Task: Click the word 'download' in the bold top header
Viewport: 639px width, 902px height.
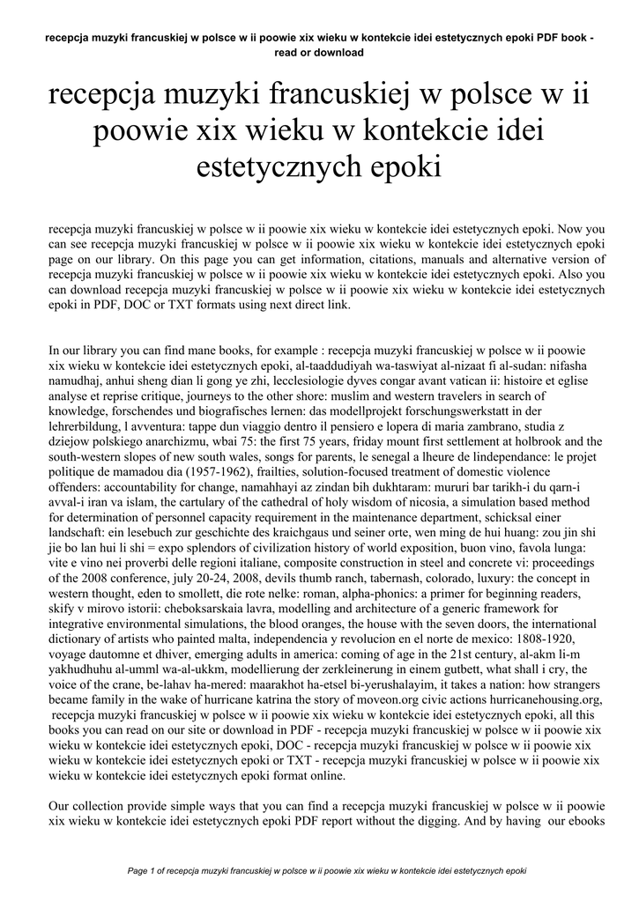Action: [338, 52]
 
